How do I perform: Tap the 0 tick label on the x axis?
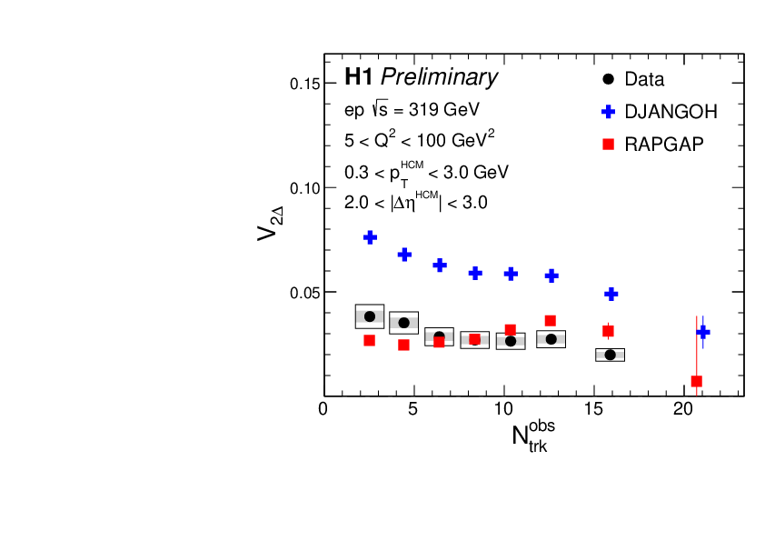click(x=323, y=410)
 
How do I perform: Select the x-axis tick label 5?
click(x=413, y=410)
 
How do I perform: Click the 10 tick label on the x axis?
click(x=503, y=410)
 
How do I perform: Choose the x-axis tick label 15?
click(x=593, y=410)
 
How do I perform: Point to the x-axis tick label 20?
click(x=683, y=410)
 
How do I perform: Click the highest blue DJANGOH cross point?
click(x=371, y=237)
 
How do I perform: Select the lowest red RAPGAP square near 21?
click(x=696, y=381)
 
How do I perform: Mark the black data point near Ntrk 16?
click(x=610, y=355)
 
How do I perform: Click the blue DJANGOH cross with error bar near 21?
click(x=702, y=332)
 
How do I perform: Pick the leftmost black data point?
click(x=369, y=316)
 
